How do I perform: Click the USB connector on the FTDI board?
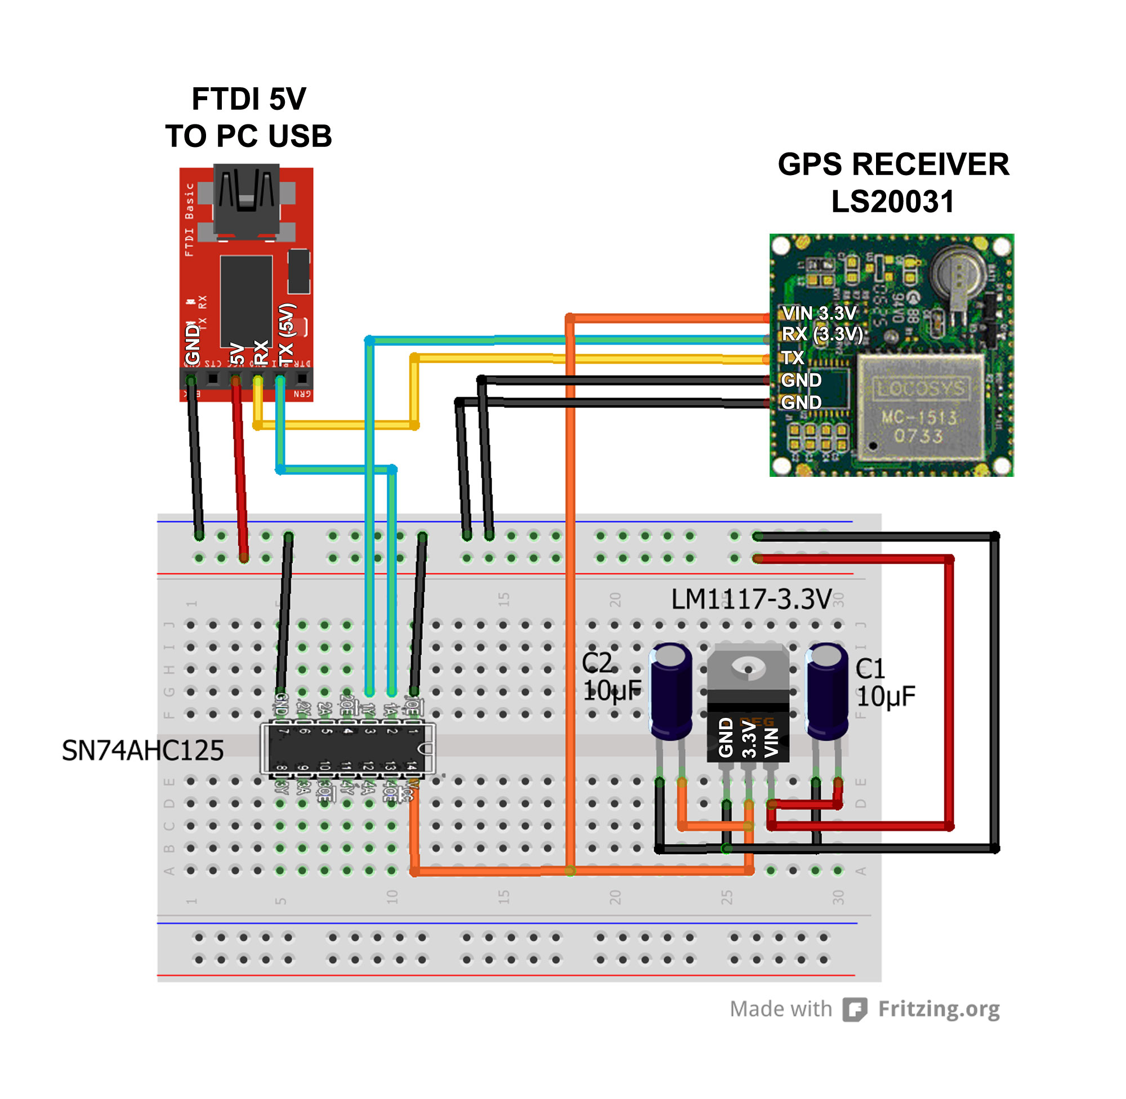247,199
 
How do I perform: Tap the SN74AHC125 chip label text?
142,751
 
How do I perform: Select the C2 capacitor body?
671,693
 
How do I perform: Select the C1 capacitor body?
827,693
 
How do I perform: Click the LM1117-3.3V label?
752,600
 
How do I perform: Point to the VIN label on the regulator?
772,742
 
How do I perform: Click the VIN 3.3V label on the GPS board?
819,314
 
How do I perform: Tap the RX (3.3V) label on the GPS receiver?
822,334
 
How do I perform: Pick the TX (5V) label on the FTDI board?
287,336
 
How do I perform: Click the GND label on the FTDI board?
192,345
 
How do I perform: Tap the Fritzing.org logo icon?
855,1009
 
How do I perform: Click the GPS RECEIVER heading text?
893,164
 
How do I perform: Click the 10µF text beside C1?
886,696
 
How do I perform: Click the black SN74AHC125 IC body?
346,749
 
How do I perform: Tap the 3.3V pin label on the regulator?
749,739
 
